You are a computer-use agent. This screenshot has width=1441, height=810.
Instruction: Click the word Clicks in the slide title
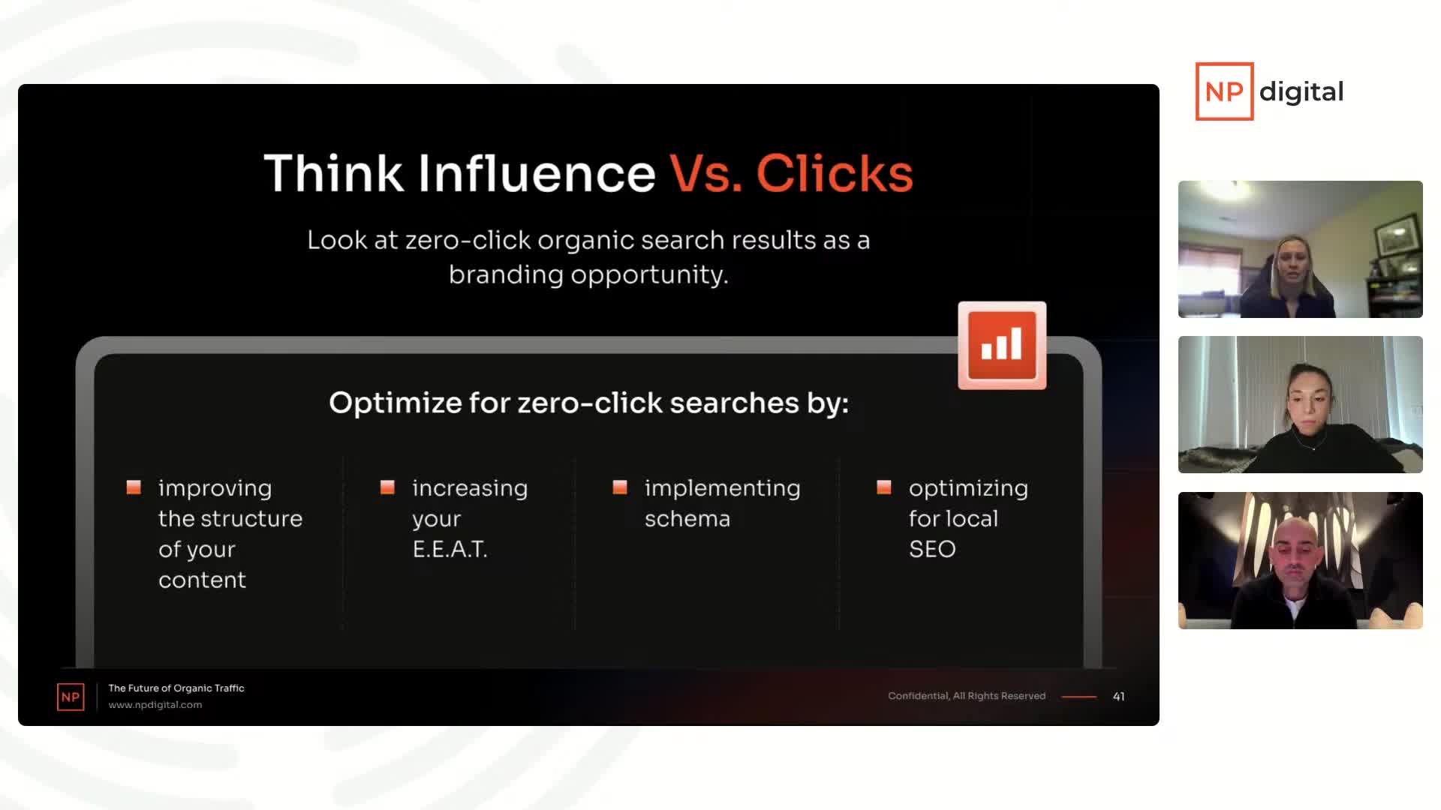point(835,173)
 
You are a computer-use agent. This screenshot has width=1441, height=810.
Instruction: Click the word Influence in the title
point(537,173)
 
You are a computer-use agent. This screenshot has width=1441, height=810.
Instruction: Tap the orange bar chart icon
point(1002,346)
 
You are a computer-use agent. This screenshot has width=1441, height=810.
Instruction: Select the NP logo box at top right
point(1224,91)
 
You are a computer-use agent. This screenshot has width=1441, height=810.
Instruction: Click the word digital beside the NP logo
point(1301,92)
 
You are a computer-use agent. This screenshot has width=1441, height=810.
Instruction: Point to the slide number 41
point(1118,697)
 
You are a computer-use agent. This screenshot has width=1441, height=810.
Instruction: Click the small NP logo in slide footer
point(71,697)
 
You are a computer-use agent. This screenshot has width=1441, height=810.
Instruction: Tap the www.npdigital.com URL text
point(155,705)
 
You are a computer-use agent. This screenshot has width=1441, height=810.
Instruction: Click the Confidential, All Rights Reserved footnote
point(967,696)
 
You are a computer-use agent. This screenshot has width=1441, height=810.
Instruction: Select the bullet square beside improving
point(134,487)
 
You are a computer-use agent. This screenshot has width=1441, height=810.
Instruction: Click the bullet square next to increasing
point(387,487)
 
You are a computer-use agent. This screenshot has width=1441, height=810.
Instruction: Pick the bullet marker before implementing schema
point(620,487)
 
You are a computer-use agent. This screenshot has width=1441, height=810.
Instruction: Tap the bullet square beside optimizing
point(884,487)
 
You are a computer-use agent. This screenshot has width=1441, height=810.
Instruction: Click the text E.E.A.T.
point(450,549)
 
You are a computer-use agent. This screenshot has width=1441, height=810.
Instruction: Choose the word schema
point(687,518)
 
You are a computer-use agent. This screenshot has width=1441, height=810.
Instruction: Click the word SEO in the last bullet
point(932,549)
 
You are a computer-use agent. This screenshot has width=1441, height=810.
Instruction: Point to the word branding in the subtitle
point(506,274)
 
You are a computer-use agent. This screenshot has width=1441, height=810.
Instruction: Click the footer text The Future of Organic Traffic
point(176,688)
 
